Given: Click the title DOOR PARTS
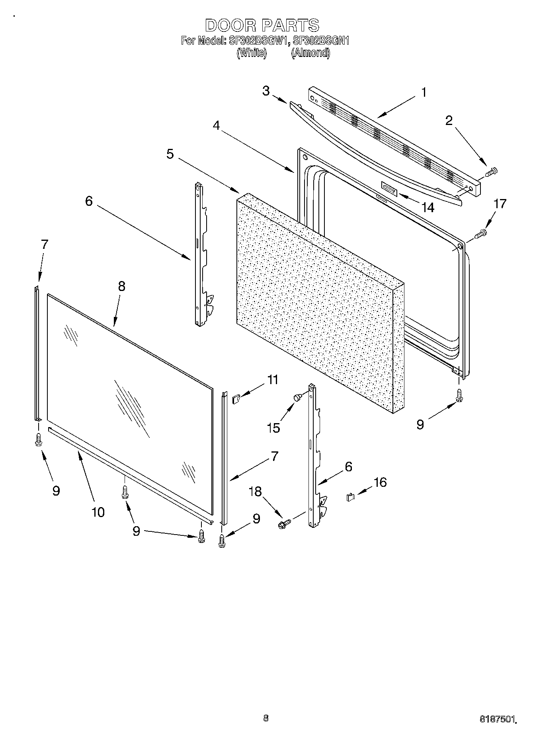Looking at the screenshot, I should tap(262, 25).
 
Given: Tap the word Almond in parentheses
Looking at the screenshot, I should tap(310, 53).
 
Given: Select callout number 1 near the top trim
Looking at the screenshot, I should tap(424, 92).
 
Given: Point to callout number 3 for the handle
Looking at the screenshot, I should tap(266, 91).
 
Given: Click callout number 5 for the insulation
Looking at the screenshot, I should tap(170, 154).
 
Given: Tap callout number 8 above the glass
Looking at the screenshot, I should tap(121, 286).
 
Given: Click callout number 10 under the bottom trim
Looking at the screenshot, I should tap(98, 512).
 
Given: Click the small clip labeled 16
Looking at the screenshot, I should tap(350, 497).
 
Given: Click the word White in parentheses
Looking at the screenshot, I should tap(252, 53).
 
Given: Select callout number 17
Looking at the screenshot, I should tap(500, 204).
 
